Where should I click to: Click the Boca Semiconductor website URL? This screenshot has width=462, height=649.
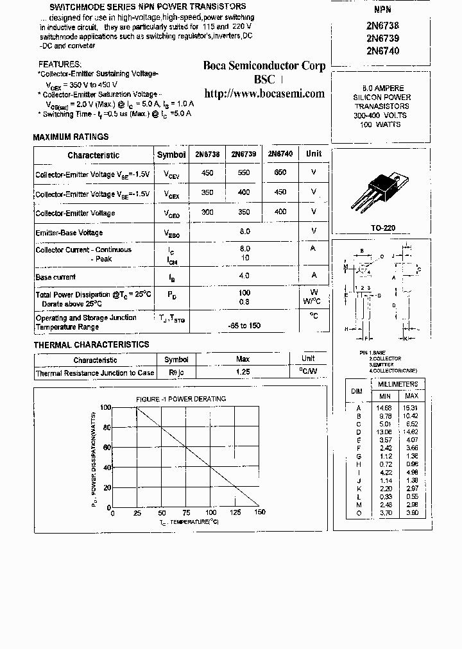tap(264, 94)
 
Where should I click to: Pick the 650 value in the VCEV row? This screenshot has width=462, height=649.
tap(280, 173)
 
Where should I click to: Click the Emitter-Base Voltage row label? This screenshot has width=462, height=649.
tap(69, 233)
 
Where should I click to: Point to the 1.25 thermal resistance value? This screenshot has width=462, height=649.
tap(243, 372)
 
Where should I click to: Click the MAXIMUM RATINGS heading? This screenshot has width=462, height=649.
tap(71, 137)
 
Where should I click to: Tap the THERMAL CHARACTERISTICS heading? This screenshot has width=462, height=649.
tap(91, 345)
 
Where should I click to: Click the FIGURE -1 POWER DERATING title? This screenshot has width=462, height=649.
tap(180, 399)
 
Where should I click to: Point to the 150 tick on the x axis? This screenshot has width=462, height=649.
tap(259, 513)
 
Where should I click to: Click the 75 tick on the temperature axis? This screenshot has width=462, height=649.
tap(185, 513)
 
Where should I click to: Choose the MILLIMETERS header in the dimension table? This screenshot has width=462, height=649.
tap(398, 384)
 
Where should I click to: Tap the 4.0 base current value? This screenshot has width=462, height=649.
tap(244, 276)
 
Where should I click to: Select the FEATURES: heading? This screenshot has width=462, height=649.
tap(60, 65)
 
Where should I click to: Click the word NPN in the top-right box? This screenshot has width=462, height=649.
tap(382, 10)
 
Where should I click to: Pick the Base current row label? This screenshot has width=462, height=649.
tap(55, 277)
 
